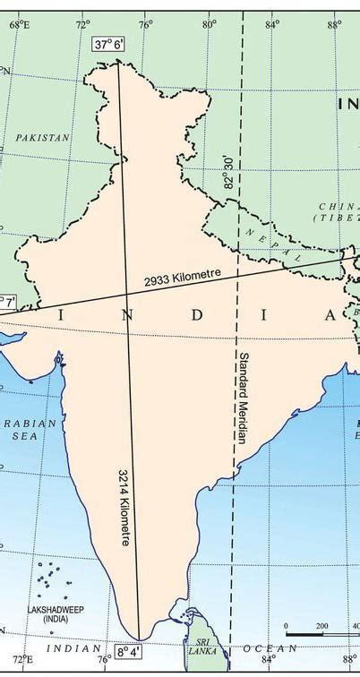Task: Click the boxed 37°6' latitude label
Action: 107,43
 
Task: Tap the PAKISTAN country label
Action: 43,138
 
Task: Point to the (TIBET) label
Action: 337,218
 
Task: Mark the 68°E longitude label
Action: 20,25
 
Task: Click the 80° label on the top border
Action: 209,25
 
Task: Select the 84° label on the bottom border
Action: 268,662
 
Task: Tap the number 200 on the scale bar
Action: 321,626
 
